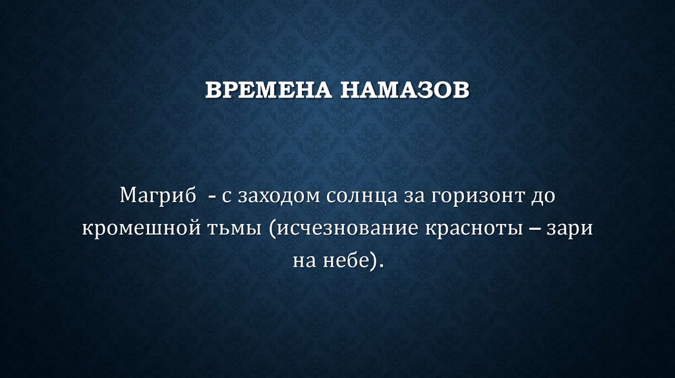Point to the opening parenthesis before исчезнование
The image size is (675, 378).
click(x=272, y=230)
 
